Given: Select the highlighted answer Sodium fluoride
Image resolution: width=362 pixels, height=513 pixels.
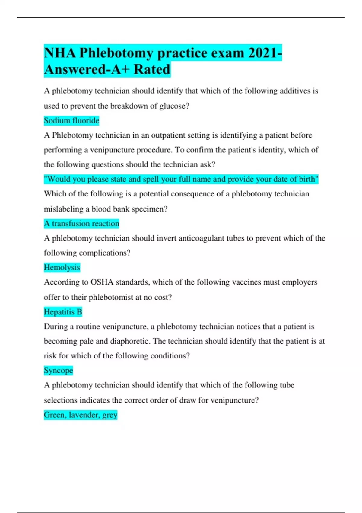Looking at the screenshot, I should tap(71, 121).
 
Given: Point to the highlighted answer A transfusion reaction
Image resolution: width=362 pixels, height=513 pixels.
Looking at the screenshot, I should tap(81, 224).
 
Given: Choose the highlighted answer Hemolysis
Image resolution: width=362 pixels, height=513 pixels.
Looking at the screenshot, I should tap(62, 267).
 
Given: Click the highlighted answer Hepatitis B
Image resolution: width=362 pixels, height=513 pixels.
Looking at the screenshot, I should tap(63, 312).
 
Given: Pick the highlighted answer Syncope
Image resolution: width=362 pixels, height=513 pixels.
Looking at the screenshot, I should tap(58, 371).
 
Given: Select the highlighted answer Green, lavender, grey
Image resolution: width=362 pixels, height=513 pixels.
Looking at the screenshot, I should tap(80, 415).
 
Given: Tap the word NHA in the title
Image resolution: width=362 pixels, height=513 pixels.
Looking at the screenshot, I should tap(60, 53).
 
